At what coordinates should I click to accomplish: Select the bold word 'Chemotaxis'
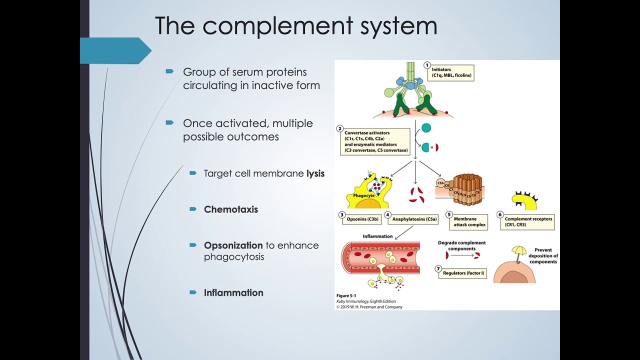pos(230,209)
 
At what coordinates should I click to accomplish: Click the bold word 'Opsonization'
pos(233,245)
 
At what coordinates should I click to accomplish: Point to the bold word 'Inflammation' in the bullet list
pos(233,293)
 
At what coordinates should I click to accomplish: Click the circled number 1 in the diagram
pos(427,65)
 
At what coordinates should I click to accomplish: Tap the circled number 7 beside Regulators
pos(438,269)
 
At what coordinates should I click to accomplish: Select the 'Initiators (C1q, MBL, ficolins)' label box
pos(452,73)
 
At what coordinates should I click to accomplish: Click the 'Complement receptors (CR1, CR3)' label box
pos(528,222)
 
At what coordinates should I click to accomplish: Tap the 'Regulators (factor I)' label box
pos(464,273)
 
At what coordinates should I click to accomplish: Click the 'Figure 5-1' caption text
pos(346,296)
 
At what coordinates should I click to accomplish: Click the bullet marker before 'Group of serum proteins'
pos(169,71)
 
